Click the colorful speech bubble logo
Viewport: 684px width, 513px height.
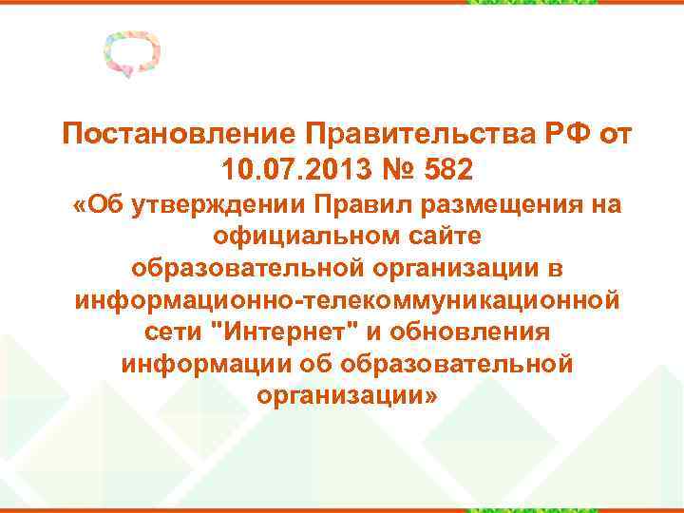[x=130, y=54]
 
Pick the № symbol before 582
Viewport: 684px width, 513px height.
[x=387, y=170]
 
